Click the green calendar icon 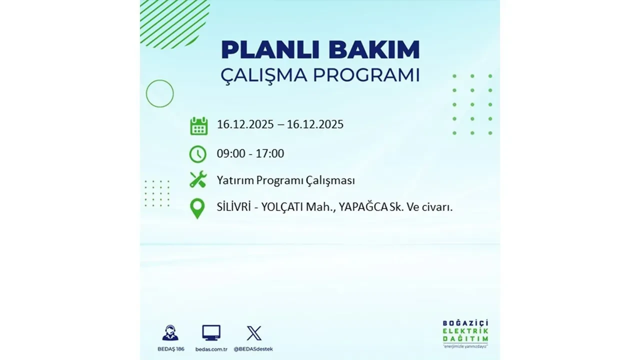198,125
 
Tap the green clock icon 198,154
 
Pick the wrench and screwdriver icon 198,179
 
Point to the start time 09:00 231,154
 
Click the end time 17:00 269,154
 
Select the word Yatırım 235,181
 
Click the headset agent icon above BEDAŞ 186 170,333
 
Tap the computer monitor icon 211,333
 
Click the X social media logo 254,333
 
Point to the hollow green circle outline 159,93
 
